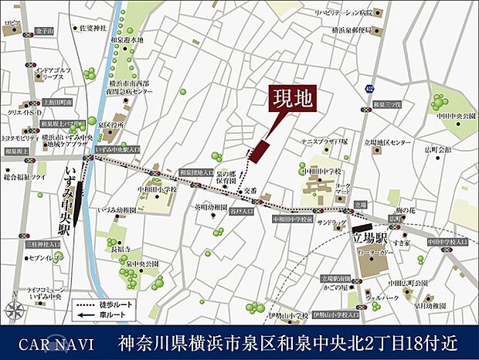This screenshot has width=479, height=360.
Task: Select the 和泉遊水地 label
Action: (x=127, y=39)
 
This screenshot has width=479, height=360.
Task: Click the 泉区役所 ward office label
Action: (x=112, y=124)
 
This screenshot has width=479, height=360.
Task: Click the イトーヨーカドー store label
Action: (x=375, y=252)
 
